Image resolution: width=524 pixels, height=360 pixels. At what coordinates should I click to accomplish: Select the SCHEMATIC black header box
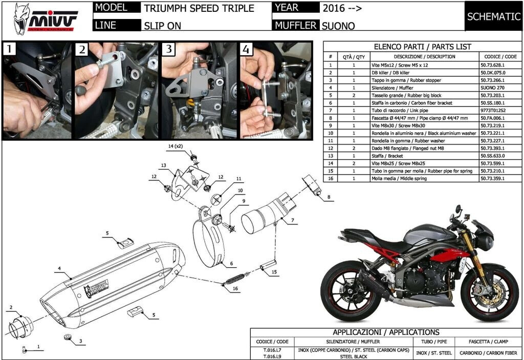coord(493,16)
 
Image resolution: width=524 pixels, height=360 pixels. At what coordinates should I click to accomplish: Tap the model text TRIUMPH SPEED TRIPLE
coord(199,9)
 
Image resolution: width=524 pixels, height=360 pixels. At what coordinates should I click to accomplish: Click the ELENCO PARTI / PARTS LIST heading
coord(422,46)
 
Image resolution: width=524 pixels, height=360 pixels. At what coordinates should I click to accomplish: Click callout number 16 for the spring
coord(235,289)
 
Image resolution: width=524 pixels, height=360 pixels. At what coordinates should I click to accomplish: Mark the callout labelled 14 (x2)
coord(175,146)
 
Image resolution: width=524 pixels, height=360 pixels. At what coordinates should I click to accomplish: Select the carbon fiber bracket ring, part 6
coord(210,241)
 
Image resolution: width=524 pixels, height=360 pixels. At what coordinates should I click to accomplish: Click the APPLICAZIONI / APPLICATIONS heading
coord(386,332)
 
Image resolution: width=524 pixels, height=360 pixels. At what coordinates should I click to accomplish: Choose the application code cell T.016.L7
coord(272,350)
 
